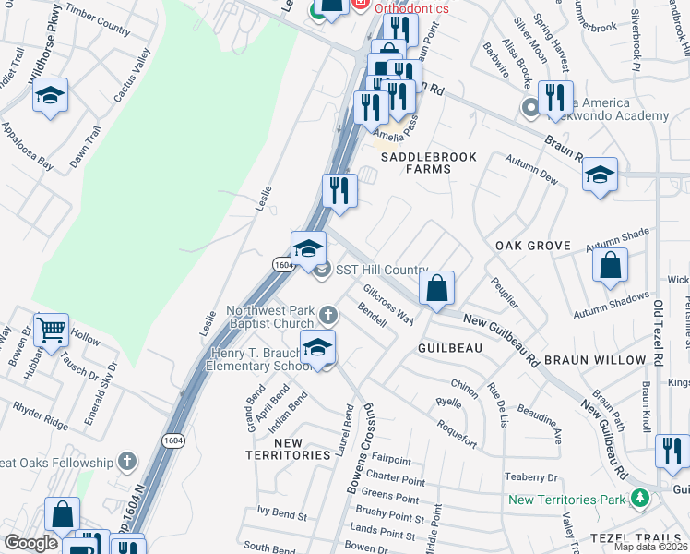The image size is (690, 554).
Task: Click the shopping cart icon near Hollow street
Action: [51, 328]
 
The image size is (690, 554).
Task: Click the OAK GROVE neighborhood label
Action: [533, 247]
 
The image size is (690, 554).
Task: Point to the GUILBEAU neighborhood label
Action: [450, 348]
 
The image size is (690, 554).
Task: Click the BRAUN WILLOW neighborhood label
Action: [594, 359]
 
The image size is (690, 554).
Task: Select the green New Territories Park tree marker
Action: [639, 500]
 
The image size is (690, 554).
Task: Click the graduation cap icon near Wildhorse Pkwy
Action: [50, 96]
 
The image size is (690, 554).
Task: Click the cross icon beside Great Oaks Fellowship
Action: [127, 462]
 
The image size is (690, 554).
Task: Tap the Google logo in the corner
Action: [30, 543]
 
